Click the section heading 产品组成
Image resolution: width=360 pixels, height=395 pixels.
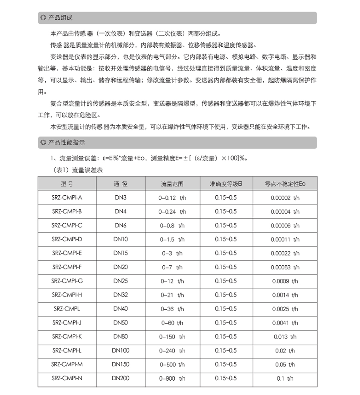[x=60, y=18]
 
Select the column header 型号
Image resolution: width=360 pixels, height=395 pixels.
[x=67, y=184]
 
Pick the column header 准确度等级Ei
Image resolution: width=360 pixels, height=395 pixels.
[x=226, y=184]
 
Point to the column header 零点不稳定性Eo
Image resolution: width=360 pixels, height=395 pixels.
[x=285, y=184]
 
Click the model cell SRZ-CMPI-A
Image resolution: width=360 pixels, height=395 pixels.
[x=67, y=198]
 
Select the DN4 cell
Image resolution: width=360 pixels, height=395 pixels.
[x=120, y=211]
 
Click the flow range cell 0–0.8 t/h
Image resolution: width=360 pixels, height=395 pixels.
[x=172, y=225]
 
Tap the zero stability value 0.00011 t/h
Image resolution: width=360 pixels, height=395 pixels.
[x=285, y=239]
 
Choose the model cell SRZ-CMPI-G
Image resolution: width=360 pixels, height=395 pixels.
[x=67, y=281]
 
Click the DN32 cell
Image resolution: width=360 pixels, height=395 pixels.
[x=120, y=295]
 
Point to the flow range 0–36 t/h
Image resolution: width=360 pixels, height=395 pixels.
[x=172, y=309]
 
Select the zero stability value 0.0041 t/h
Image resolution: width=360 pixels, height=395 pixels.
[x=285, y=323]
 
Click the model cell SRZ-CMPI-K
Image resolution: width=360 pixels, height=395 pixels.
[x=67, y=337]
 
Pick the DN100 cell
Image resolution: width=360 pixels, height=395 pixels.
[x=120, y=351]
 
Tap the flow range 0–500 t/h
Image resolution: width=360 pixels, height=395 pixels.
[x=172, y=365]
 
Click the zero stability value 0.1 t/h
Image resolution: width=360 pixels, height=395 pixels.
[x=285, y=378]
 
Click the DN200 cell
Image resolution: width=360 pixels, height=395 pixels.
[x=120, y=378]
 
